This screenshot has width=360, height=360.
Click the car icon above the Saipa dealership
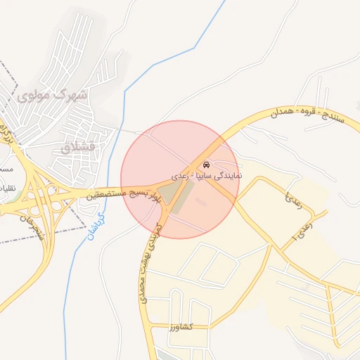(x=205, y=164)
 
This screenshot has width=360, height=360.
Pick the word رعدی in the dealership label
(x=179, y=174)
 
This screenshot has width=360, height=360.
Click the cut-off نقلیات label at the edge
(x=6, y=188)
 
